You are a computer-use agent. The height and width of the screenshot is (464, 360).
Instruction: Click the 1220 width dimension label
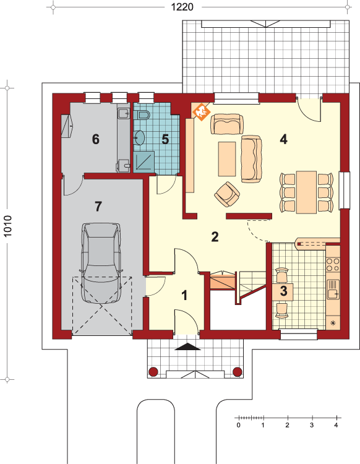tap(182, 7)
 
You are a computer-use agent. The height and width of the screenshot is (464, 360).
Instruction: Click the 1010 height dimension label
tap(7, 226)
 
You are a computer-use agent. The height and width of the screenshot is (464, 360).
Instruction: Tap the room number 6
tap(95, 139)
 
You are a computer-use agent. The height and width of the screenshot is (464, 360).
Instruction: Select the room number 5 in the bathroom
tap(165, 139)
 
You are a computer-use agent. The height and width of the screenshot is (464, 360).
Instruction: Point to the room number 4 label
tap(283, 139)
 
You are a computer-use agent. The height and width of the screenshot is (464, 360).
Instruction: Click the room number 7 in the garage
tap(98, 206)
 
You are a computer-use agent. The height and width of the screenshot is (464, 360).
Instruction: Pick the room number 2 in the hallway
tap(215, 237)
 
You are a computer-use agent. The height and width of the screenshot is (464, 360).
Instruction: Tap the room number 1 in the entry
tap(184, 295)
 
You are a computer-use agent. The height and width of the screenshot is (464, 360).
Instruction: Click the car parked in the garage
tap(101, 264)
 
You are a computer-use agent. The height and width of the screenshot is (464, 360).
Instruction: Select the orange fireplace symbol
tap(201, 112)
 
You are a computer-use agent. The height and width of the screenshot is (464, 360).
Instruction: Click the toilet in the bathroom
tap(143, 114)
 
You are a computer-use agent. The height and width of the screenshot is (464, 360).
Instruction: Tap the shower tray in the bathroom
tap(144, 162)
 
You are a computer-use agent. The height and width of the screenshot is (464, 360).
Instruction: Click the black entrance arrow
tap(187, 346)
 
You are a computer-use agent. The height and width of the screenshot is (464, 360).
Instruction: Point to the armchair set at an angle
tap(227, 194)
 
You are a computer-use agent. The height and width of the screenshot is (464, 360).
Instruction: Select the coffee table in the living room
tap(227, 159)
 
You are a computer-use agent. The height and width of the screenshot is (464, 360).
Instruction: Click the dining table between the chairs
tap(306, 192)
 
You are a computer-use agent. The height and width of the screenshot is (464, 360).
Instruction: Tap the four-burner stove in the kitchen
tap(333, 265)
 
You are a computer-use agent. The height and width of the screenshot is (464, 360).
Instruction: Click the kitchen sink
tap(333, 290)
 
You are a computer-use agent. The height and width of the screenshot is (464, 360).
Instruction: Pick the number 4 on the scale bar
tap(336, 425)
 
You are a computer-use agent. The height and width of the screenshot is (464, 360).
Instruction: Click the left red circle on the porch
tap(153, 372)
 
